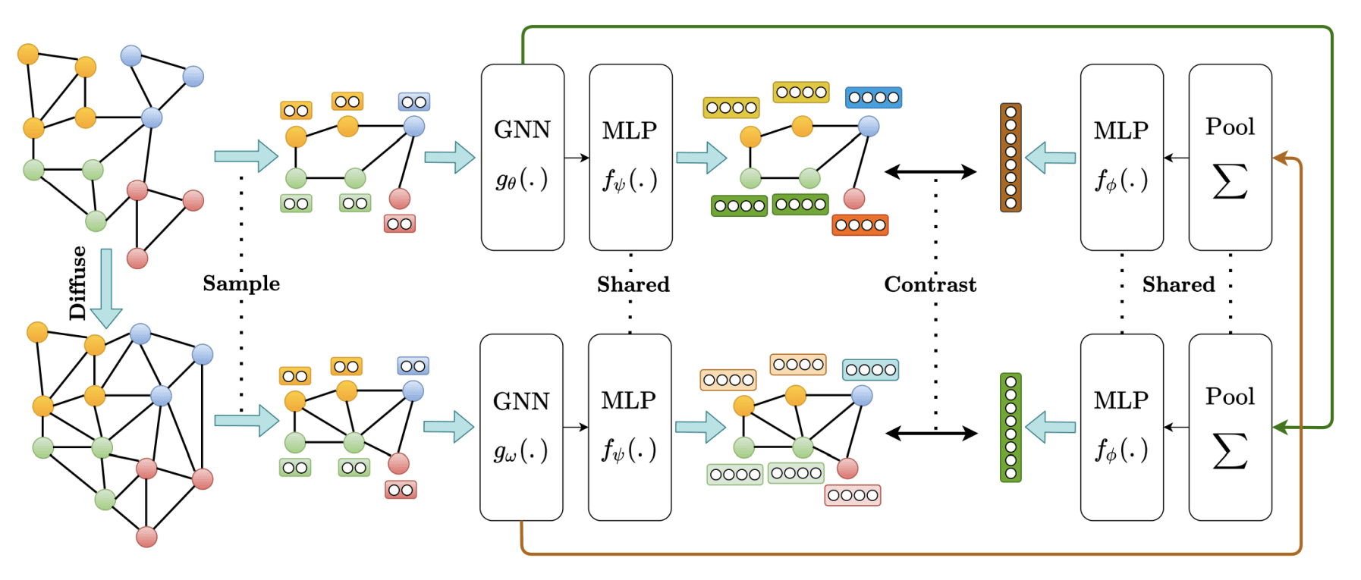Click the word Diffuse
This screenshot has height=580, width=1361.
click(77, 283)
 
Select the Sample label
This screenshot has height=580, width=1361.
click(241, 284)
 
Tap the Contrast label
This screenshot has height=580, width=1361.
click(930, 284)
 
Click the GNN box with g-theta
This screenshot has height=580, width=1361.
click(522, 157)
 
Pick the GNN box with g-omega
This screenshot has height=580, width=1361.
click(521, 427)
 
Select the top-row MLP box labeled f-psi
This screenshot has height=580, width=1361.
click(630, 157)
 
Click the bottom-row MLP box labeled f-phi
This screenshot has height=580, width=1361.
click(1121, 427)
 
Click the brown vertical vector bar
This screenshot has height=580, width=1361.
click(1011, 158)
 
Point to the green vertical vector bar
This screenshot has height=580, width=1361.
click(1011, 427)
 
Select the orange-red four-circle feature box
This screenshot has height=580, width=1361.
click(860, 225)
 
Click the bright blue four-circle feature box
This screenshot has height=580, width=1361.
click(873, 98)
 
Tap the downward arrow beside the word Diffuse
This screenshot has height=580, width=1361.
click(106, 288)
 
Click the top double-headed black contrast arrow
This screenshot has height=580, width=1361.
click(931, 172)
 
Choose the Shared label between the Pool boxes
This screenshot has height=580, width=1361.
click(1178, 284)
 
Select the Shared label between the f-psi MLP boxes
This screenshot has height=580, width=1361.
click(633, 284)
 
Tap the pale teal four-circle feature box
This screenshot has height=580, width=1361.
click(870, 370)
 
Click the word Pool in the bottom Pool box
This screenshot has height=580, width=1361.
click(1230, 397)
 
